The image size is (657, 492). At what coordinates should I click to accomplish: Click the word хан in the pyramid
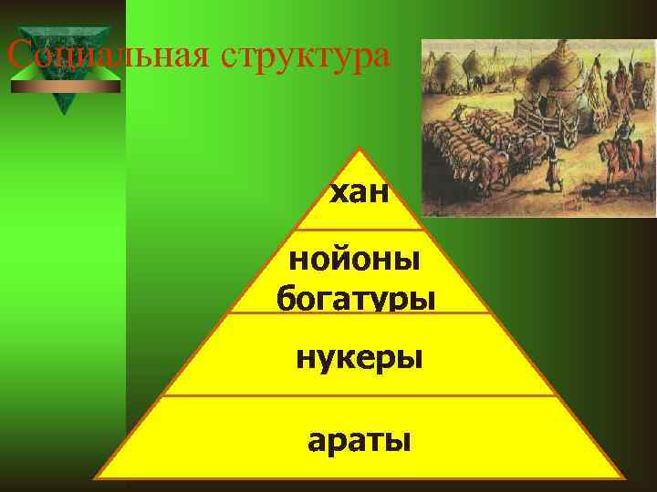point(360,193)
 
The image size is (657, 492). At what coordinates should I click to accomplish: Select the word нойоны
point(355,261)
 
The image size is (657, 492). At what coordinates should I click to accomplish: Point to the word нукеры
point(359,356)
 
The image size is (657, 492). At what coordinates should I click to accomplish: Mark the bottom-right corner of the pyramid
point(623,477)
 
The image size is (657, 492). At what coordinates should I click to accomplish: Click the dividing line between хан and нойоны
point(360,230)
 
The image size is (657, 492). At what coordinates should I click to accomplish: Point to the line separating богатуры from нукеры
point(360,313)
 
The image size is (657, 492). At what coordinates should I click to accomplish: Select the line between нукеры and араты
point(360,396)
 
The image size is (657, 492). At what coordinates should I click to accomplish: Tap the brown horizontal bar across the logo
point(64,87)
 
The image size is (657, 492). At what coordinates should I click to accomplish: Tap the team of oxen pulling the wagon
point(474,146)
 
